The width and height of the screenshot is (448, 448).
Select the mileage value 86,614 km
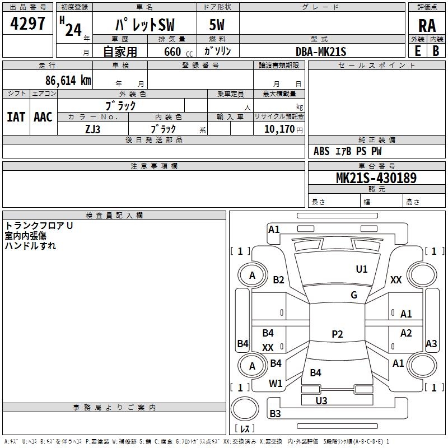tap(68, 80)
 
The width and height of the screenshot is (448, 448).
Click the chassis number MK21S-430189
tap(376, 178)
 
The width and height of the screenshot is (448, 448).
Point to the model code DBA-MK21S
tap(321, 52)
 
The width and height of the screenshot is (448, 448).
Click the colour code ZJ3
tap(93, 128)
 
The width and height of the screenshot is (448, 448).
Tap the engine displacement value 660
tap(172, 52)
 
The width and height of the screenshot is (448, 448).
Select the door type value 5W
tap(218, 26)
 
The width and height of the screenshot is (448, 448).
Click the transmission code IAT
tap(16, 116)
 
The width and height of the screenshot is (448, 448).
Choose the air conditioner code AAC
tap(43, 116)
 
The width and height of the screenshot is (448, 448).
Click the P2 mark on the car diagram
tap(337, 334)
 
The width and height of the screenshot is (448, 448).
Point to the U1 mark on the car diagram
tap(362, 269)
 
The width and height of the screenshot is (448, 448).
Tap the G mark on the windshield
tap(354, 295)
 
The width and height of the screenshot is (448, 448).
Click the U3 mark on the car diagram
tap(321, 400)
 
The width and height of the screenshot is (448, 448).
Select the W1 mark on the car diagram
tap(276, 384)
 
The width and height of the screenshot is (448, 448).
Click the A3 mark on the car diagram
tap(431, 344)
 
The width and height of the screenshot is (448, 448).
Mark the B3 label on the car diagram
tap(276, 414)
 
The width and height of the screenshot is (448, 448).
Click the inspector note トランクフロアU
tap(39, 226)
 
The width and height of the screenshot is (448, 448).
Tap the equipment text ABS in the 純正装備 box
tap(321, 151)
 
